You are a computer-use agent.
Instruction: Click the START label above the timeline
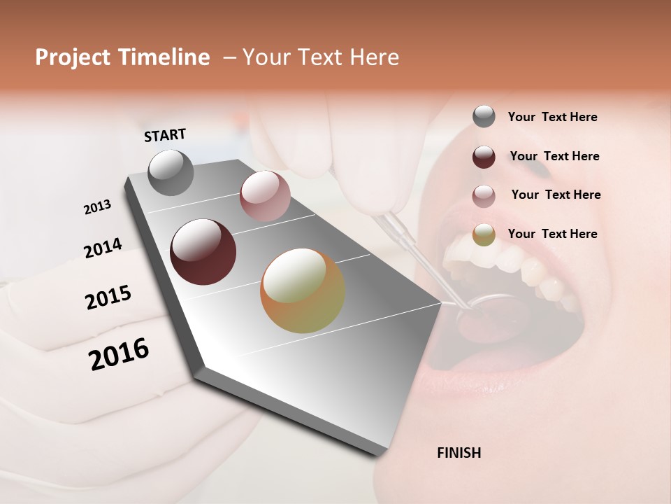tap(165, 135)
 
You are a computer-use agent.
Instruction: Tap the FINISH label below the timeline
tap(459, 453)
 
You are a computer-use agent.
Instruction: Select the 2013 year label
tap(97, 207)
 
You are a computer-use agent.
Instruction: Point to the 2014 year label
tap(103, 248)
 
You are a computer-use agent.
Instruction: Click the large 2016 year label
tap(119, 354)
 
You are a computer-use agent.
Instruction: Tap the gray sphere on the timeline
tap(171, 172)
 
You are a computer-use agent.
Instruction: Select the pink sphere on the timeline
tap(265, 196)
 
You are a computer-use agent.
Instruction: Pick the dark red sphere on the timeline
tap(203, 252)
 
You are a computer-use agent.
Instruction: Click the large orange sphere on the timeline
tap(303, 290)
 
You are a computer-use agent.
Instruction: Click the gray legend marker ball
tap(484, 116)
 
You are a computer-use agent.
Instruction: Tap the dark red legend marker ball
tap(484, 156)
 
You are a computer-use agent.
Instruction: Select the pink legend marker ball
tap(484, 195)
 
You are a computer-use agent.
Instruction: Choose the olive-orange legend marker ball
tap(484, 234)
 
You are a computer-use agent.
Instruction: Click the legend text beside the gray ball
tap(552, 117)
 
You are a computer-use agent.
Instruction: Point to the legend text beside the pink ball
tap(556, 195)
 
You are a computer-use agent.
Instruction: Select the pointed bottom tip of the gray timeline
tap(382, 454)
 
